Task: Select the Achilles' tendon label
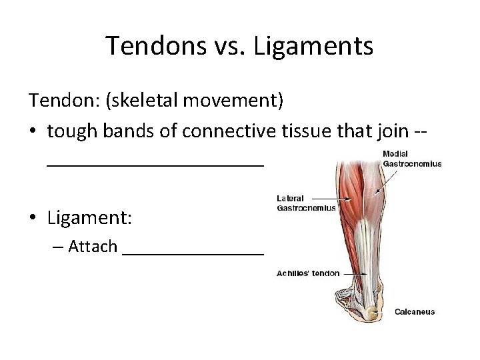click(308, 273)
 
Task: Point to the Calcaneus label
click(414, 311)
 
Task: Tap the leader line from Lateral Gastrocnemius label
click(325, 198)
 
